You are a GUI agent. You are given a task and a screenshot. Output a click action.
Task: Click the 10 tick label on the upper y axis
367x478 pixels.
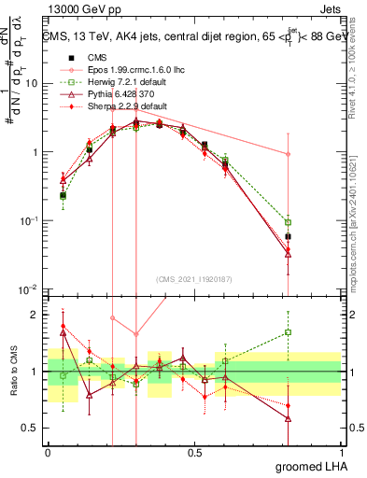(31, 83)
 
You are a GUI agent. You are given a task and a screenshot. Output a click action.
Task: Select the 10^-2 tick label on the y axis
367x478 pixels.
(28, 289)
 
